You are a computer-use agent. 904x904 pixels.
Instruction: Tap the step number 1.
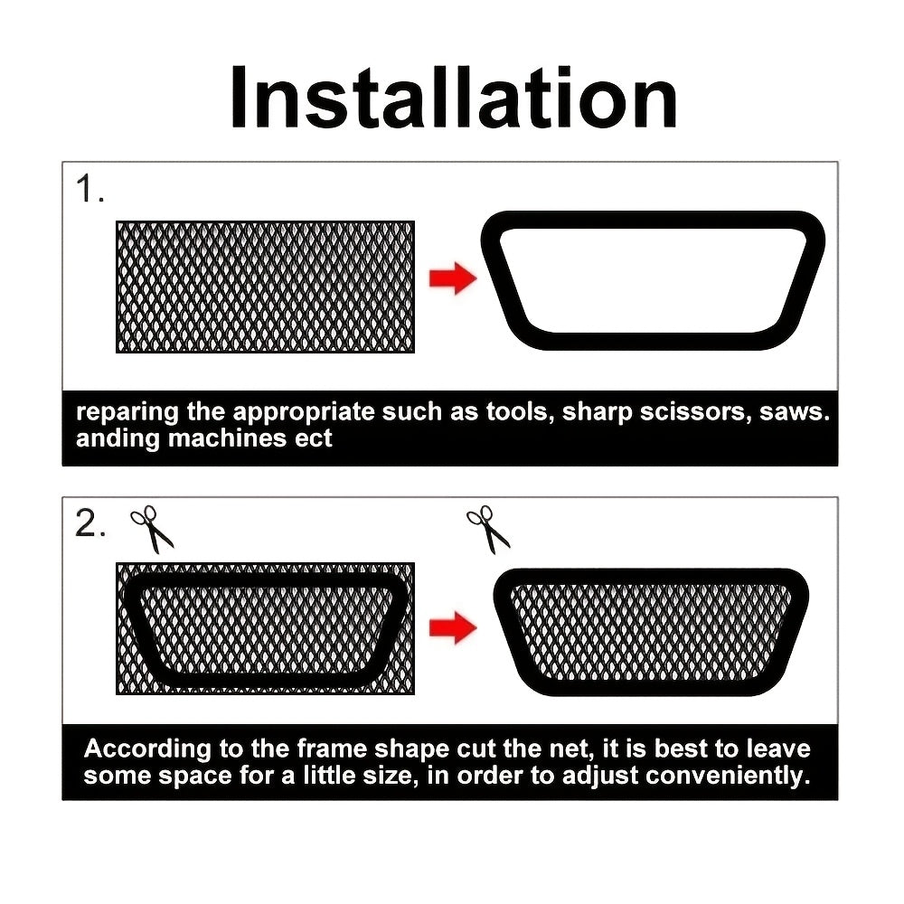(89, 191)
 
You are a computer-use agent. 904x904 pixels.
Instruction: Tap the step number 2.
(90, 525)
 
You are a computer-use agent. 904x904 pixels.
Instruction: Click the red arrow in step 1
(452, 279)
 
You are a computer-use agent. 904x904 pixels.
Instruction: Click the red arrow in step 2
(452, 626)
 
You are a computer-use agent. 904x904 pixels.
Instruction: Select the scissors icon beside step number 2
(152, 529)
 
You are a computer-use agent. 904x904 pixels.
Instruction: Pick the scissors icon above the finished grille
(488, 529)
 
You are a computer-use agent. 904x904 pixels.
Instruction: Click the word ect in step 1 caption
(315, 439)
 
